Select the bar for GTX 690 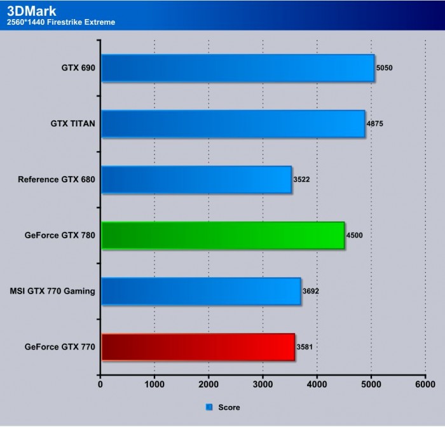point(237,68)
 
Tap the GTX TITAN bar point(233,124)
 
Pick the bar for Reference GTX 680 point(196,180)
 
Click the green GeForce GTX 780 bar point(222,236)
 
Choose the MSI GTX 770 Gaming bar point(200,292)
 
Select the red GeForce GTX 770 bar point(198,348)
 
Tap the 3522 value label point(302,180)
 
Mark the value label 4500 point(355,236)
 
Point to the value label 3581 point(305,348)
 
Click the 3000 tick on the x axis point(263,384)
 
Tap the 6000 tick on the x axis point(425,384)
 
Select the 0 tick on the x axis point(100,384)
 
